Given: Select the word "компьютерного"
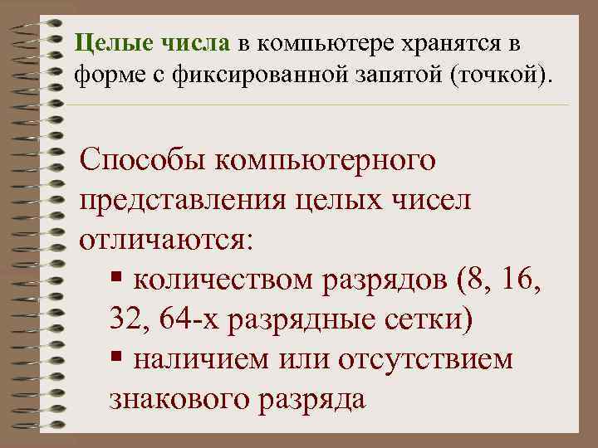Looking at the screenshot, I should pos(327,160).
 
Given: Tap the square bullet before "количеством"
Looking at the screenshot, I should pos(116,279).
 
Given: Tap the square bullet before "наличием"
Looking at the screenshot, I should pos(116,358).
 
